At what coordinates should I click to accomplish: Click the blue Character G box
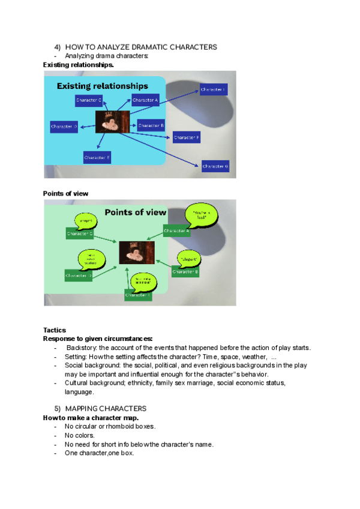point(215,166)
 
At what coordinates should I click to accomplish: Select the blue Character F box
point(187,138)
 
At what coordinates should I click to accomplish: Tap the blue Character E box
point(97,157)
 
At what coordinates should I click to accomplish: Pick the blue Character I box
point(213,89)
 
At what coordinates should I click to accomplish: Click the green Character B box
point(185,272)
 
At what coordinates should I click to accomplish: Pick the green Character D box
point(79,276)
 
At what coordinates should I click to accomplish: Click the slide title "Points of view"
point(136,212)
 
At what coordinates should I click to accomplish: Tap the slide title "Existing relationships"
point(102,86)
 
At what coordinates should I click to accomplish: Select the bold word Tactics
point(55,330)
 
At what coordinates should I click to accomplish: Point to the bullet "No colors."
point(80,435)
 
